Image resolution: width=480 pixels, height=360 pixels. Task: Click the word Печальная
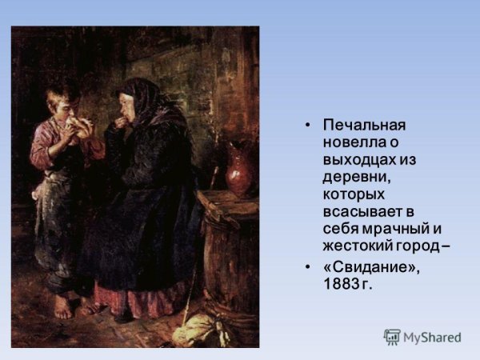(364, 125)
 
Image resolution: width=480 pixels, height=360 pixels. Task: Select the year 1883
(342, 285)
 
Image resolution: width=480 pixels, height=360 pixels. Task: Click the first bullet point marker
(307, 126)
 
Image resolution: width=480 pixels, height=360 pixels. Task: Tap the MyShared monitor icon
(392, 337)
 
